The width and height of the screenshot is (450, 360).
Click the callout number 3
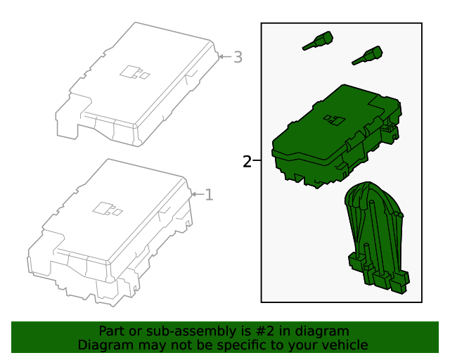238,57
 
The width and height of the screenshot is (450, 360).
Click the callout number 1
209,195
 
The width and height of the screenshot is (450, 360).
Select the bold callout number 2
247,162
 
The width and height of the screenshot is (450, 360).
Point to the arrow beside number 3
225,56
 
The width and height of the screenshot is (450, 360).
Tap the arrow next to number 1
198,194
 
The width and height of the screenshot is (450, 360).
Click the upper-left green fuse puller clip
318,41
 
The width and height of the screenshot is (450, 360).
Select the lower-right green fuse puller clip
368,56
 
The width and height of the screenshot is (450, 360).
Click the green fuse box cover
337,136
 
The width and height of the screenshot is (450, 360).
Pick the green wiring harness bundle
377,237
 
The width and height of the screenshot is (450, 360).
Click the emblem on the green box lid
334,120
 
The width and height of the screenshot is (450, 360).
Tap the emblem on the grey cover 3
134,72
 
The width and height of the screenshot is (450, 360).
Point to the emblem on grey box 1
108,209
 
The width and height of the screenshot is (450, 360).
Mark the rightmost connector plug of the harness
400,283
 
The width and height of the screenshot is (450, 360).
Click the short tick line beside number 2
257,160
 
